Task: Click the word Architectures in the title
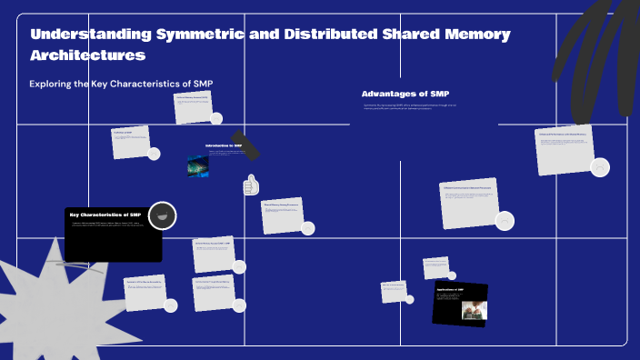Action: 88,55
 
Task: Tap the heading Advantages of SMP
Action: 405,94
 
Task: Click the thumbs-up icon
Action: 251,186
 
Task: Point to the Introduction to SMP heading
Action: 224,145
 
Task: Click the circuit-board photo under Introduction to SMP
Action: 198,165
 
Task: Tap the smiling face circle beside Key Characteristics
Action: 162,215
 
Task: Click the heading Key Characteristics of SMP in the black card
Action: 105,215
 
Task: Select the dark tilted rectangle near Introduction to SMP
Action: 245,144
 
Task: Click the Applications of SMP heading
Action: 450,290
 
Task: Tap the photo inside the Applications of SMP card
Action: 474,310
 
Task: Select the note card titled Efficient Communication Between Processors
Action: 469,203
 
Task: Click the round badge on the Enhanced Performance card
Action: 600,167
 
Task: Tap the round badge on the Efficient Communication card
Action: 505,220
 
